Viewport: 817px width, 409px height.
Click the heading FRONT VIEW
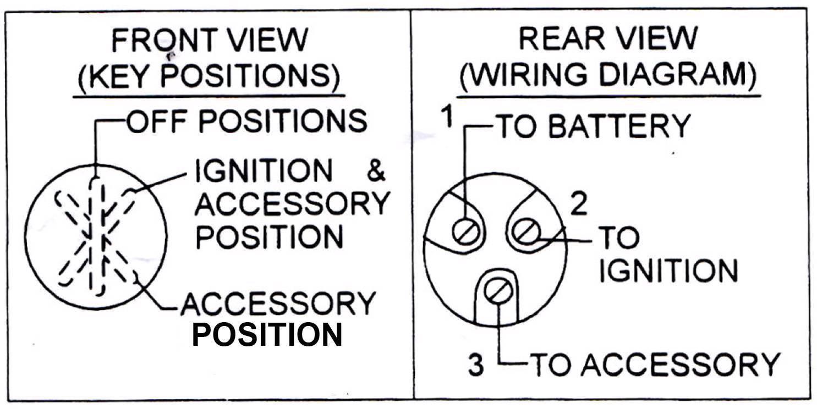point(209,42)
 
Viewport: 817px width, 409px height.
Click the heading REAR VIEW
point(607,39)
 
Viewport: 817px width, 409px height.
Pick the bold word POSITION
point(267,334)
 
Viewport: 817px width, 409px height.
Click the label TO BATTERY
point(593,126)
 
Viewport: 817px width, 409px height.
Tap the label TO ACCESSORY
point(655,364)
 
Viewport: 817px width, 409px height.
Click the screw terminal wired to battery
point(465,231)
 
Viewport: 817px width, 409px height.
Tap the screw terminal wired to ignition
point(526,231)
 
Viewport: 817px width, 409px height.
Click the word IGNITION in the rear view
point(667,270)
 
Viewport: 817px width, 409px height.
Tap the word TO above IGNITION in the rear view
point(618,238)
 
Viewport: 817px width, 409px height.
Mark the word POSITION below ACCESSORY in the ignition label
point(270,237)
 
